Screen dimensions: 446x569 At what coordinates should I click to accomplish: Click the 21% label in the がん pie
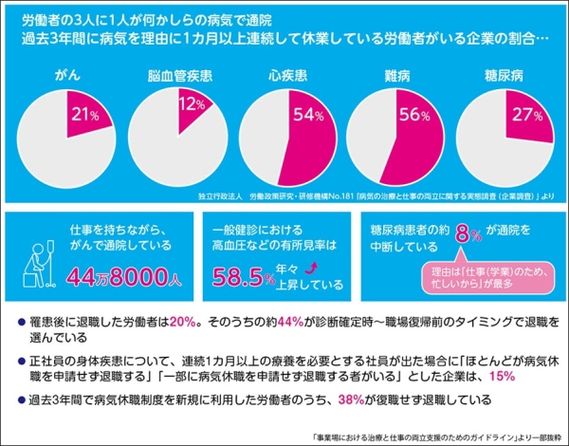pyautogui.click(x=86, y=116)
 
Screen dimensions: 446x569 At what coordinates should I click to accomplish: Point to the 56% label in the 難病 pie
pyautogui.click(x=413, y=116)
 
